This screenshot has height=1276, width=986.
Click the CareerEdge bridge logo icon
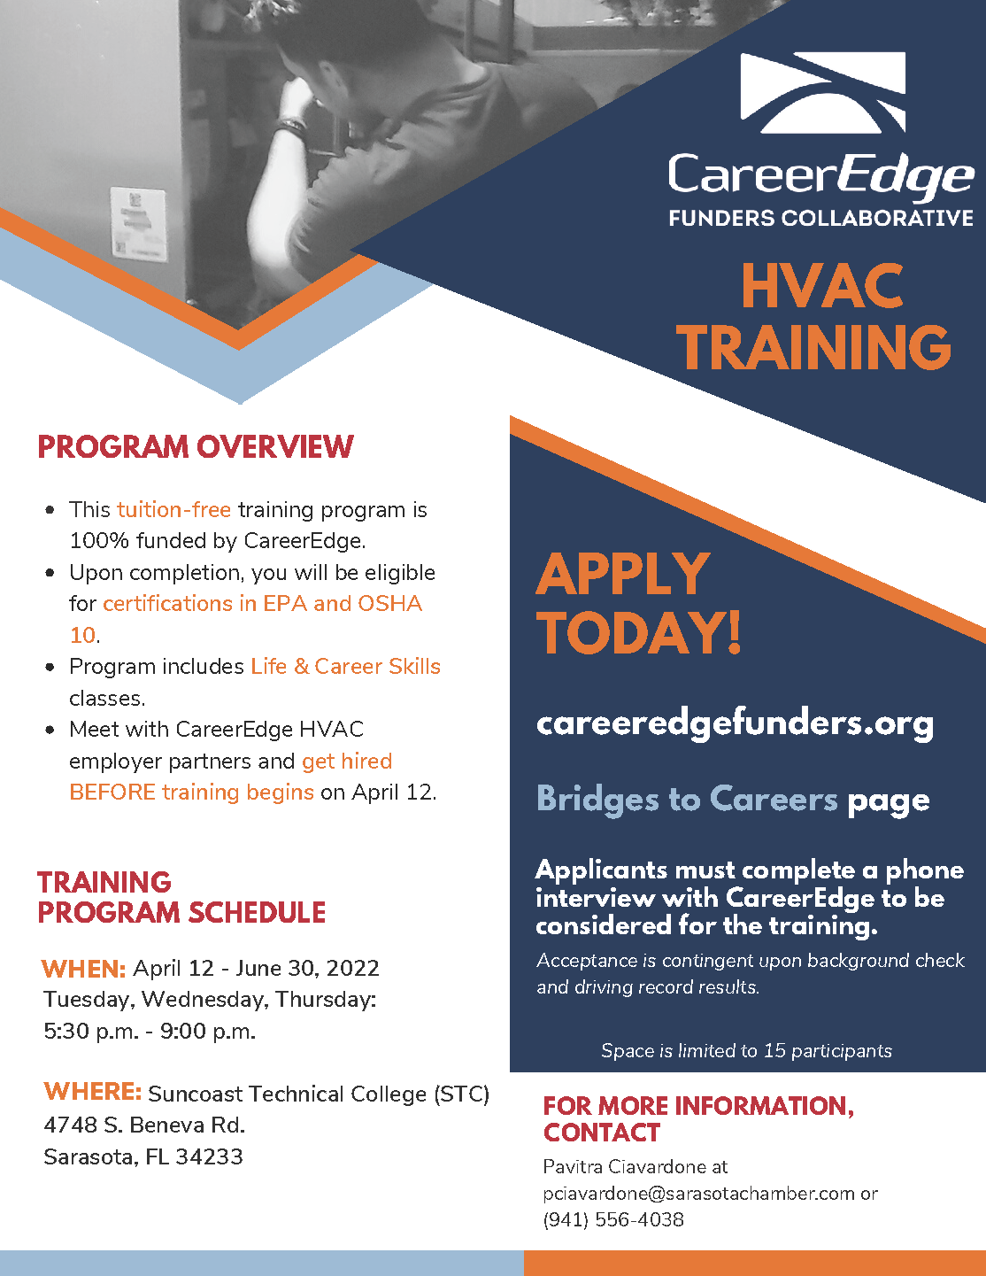pos(823,93)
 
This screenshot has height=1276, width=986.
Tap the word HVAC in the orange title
pos(822,286)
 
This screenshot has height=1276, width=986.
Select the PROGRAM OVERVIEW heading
pos(196,447)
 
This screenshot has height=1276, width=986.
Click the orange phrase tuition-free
pos(173,510)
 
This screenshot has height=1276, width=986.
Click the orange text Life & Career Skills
pos(346,667)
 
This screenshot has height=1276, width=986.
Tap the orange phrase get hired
pos(347,762)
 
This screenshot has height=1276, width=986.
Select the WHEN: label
pos(83,969)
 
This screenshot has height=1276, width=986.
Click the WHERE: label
pos(93,1091)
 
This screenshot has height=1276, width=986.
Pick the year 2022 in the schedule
pos(353,969)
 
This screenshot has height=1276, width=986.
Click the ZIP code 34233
pos(209,1156)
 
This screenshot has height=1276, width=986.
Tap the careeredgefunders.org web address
pos(735,724)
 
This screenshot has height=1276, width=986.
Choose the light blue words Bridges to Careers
pos(687,800)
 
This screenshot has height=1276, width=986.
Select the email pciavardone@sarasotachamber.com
pos(698,1193)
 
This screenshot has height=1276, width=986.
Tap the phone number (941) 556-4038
pos(613,1219)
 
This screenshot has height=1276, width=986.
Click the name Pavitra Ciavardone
pos(625,1166)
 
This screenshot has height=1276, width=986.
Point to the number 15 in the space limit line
pos(774,1050)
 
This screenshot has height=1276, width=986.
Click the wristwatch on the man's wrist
pos(292,128)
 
